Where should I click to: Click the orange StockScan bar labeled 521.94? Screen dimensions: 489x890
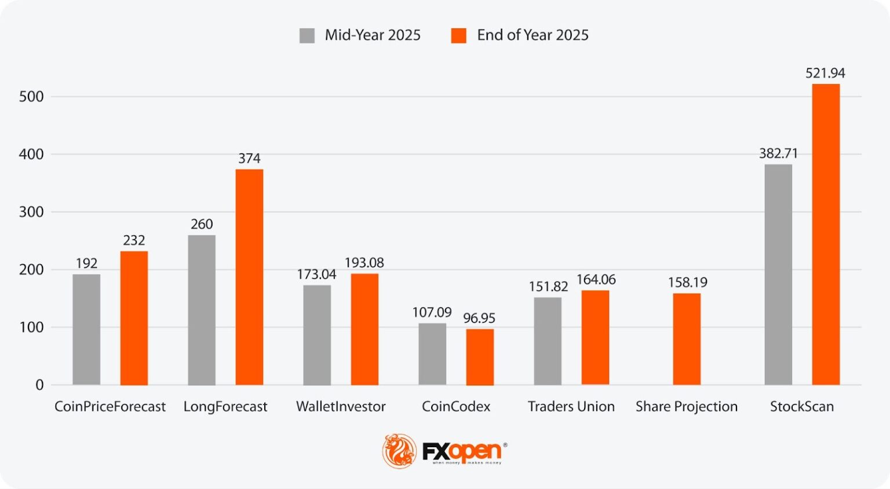click(x=826, y=234)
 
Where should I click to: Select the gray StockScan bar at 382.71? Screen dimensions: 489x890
click(x=778, y=275)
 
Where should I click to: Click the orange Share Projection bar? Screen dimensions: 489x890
click(x=687, y=339)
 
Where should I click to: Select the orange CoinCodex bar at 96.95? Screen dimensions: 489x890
click(x=480, y=357)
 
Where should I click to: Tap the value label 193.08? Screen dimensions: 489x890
click(x=364, y=263)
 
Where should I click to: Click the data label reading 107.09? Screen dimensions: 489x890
click(x=432, y=313)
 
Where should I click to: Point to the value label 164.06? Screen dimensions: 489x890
click(x=596, y=280)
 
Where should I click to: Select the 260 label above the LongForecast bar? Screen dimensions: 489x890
click(x=202, y=224)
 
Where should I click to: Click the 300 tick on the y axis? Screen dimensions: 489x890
click(x=31, y=212)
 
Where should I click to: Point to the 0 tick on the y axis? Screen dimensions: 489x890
click(x=39, y=385)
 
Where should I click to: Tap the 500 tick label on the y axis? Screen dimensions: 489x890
click(x=31, y=97)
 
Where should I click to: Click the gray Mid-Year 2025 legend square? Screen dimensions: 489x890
click(x=307, y=35)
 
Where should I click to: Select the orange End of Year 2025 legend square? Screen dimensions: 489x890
click(x=458, y=35)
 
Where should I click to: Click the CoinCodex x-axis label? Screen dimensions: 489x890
click(x=456, y=407)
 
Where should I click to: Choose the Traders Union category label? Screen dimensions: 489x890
click(x=571, y=407)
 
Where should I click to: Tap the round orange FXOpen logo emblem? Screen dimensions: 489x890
click(x=399, y=451)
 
